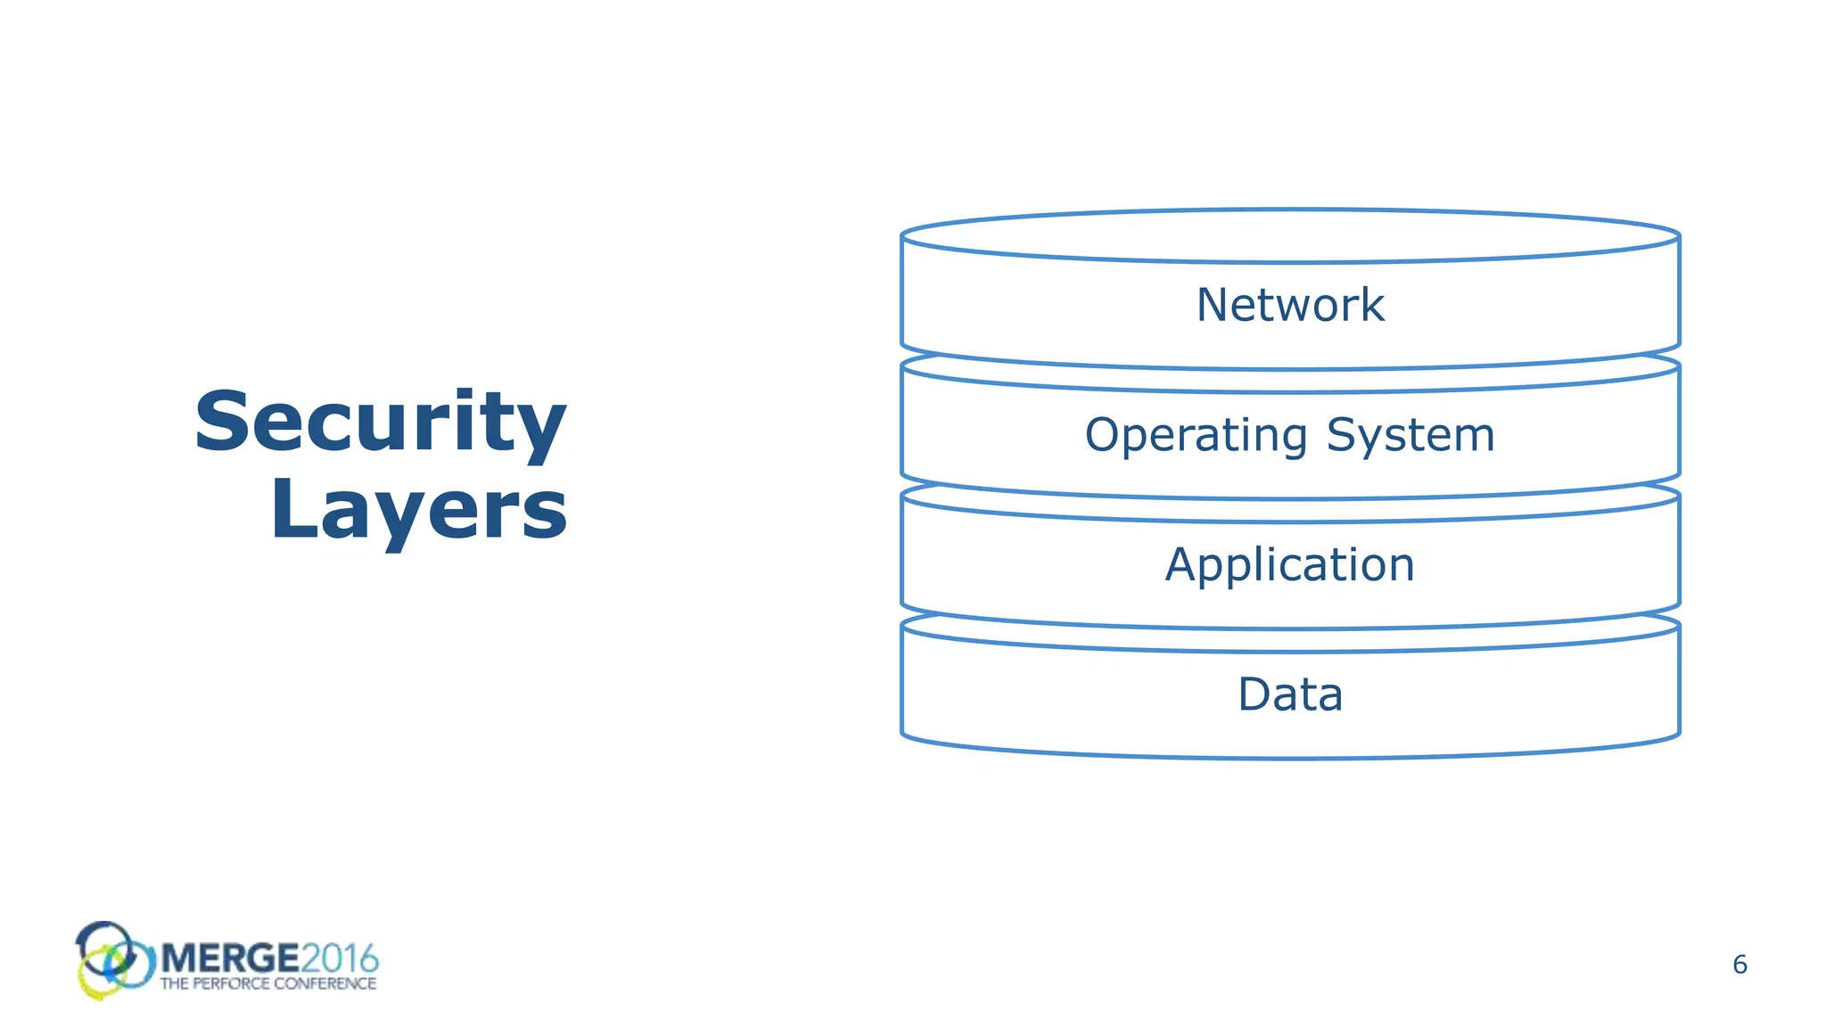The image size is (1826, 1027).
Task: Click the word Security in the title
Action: point(381,422)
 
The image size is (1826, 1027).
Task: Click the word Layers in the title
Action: point(418,509)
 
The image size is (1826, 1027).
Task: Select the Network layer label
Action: point(1289,305)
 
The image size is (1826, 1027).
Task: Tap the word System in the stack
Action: point(1410,436)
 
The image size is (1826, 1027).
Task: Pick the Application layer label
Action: point(1289,565)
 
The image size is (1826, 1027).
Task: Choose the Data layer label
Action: point(1289,694)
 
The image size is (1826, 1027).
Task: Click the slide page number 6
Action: point(1740,965)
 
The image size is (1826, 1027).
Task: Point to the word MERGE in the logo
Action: point(230,958)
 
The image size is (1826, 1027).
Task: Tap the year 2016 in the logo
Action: point(340,958)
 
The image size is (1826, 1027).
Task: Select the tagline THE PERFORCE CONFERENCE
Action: point(267,984)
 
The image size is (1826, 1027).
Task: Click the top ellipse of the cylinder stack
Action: point(1289,236)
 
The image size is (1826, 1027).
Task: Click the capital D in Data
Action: point(1254,694)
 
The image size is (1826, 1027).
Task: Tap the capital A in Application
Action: point(1182,564)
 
